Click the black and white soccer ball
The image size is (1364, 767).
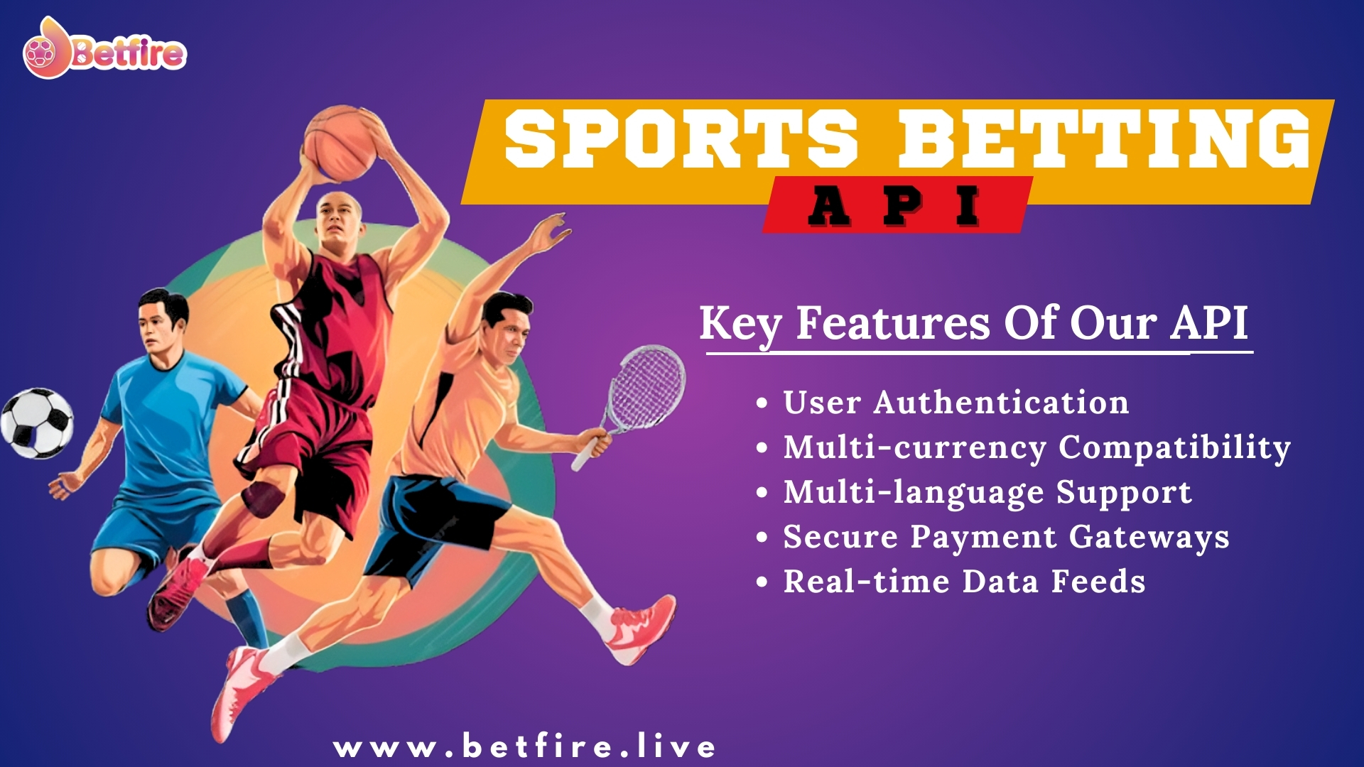pos(37,423)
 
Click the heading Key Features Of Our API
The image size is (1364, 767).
pos(973,324)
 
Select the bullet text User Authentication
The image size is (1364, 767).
pos(956,403)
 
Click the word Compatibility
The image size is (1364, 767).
pos(1174,447)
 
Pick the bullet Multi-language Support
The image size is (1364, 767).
pos(987,492)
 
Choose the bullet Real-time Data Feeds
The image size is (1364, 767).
pos(964,582)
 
